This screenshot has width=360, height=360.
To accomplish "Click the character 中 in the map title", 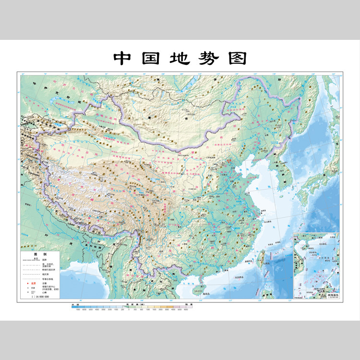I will (122, 58).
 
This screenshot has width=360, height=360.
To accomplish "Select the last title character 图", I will (237, 58).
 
